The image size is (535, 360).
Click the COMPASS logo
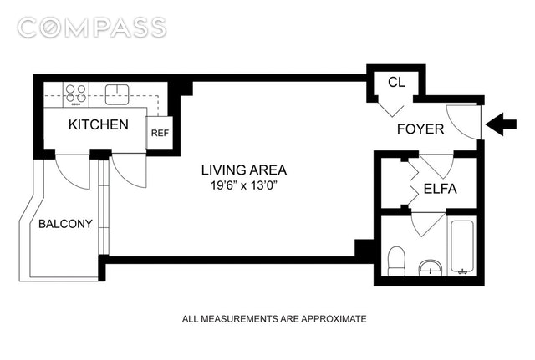tap(92, 28)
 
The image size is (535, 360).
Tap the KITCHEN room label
tap(99, 124)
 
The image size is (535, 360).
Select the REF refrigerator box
tap(160, 133)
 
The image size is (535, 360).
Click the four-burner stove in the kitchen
tap(76, 94)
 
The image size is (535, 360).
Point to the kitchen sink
tap(117, 94)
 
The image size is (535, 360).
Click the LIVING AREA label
tap(244, 170)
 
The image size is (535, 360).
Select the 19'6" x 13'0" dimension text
tap(243, 185)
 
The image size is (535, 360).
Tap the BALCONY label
tap(65, 224)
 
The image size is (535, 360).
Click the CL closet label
tap(396, 82)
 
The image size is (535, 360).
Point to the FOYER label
tap(420, 129)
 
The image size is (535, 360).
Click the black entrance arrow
tap(501, 124)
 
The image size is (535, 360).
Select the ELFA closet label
tap(441, 189)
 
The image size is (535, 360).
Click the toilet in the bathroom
tap(396, 261)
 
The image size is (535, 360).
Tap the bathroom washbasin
tap(431, 268)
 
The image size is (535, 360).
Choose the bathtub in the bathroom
tap(462, 247)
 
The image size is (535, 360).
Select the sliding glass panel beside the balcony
tap(103, 207)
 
